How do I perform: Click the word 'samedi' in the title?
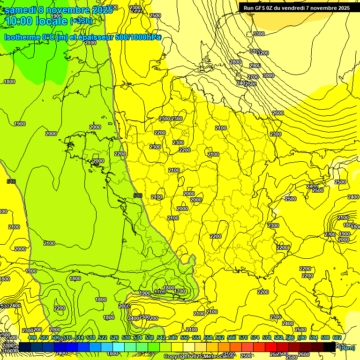[21, 10]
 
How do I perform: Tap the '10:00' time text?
[18, 21]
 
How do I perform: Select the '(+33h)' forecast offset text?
[81, 21]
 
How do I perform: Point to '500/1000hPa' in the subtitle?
[138, 37]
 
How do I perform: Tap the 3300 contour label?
[258, 34]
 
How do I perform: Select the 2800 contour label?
[235, 62]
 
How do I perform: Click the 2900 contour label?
[255, 66]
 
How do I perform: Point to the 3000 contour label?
[268, 75]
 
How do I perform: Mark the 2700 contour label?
[253, 77]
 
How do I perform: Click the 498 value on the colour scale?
[32, 337]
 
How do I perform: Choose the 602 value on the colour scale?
[337, 337]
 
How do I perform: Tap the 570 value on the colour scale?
[243, 337]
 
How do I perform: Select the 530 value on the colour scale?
[126, 337]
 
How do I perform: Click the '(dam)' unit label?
[347, 347]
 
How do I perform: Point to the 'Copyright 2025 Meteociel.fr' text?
[199, 357]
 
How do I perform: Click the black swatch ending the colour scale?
[330, 347]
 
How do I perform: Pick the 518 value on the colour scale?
[91, 337]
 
